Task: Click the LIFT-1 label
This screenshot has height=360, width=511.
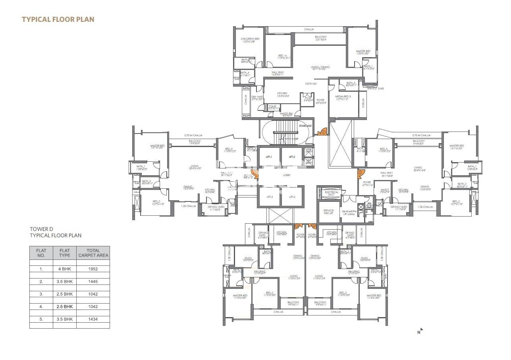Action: [269, 157]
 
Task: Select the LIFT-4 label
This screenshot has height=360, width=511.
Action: [292, 197]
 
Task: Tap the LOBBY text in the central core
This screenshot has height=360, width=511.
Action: [287, 175]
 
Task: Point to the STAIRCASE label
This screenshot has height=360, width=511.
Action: [305, 126]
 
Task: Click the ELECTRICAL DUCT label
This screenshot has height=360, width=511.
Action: [332, 194]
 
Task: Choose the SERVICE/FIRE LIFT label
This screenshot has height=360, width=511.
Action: [328, 212]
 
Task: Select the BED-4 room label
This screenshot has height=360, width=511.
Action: [282, 56]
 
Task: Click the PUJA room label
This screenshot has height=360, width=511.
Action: [307, 99]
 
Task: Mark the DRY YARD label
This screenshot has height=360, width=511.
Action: [257, 97]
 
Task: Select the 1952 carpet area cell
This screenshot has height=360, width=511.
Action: [93, 269]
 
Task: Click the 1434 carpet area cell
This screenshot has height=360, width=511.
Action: [93, 319]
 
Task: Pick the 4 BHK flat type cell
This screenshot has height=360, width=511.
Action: [64, 269]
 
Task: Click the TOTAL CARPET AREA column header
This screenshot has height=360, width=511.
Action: [93, 253]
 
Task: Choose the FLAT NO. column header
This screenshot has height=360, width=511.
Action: [41, 253]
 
